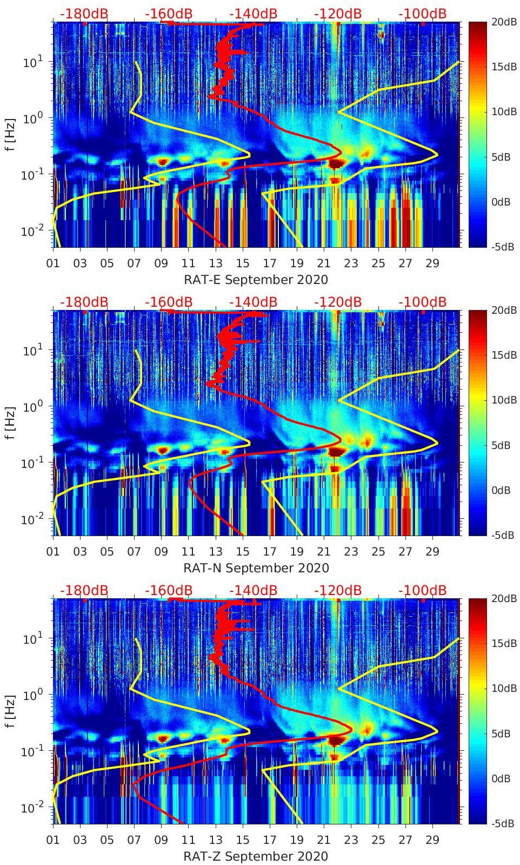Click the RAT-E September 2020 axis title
(x=256, y=280)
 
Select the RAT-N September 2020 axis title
(x=256, y=568)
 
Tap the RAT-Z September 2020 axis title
(x=256, y=856)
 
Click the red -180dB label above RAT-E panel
(x=84, y=14)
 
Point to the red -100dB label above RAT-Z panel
(x=422, y=590)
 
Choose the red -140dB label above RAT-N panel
(x=253, y=302)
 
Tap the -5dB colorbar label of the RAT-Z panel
(x=503, y=823)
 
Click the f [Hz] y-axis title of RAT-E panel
(x=10, y=134)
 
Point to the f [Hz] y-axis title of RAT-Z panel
(x=10, y=711)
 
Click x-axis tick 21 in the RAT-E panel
(x=323, y=263)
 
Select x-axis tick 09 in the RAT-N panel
(x=161, y=552)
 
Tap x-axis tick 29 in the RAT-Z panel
(x=432, y=840)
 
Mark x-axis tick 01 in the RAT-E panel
(x=53, y=263)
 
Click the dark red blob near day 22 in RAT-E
(x=336, y=163)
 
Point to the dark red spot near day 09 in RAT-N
(x=162, y=450)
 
